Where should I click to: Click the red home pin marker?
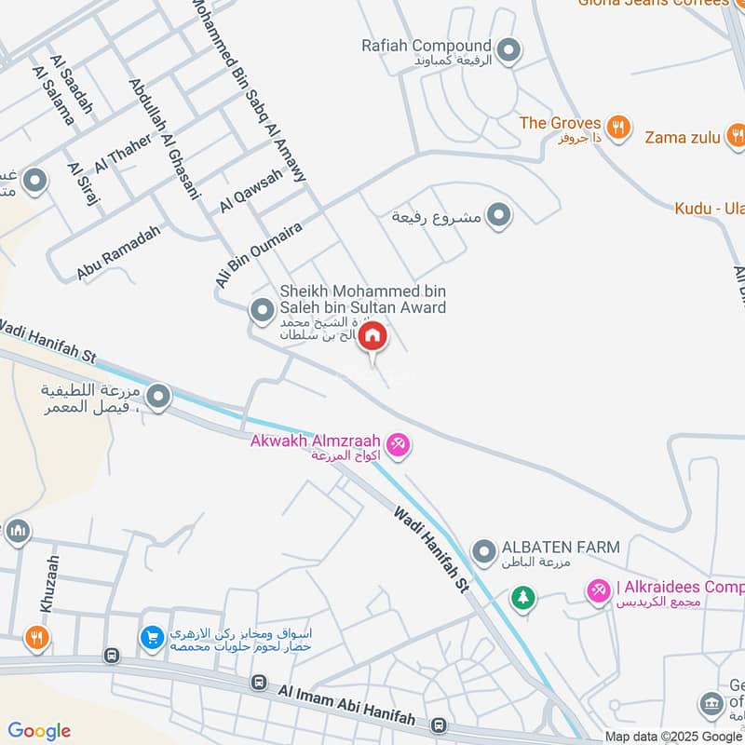(372, 337)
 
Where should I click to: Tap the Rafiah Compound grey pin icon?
(508, 50)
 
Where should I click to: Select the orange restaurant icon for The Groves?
(617, 126)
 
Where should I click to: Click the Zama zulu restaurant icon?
(736, 138)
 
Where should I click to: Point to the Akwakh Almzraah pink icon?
(399, 446)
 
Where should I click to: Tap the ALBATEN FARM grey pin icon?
(483, 551)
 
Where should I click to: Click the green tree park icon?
(523, 597)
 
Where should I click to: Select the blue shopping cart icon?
(151, 638)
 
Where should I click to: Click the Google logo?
(39, 731)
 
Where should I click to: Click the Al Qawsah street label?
(250, 191)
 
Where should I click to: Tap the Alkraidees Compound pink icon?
(597, 589)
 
